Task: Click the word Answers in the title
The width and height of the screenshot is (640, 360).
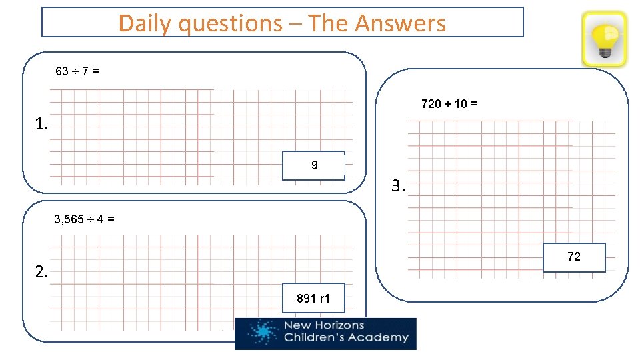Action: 400,23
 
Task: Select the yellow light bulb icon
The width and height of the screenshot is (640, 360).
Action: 605,39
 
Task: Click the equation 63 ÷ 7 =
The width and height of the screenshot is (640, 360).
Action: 77,71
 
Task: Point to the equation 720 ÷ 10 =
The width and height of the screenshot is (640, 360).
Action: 449,104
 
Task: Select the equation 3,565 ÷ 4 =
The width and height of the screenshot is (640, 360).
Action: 83,219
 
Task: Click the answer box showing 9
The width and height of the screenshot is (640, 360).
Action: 313,165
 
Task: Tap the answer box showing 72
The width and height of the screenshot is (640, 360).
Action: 574,257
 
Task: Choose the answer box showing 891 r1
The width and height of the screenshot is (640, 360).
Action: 313,299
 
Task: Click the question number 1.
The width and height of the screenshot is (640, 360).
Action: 42,124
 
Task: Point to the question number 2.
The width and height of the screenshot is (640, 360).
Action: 42,272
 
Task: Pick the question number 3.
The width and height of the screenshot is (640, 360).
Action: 398,187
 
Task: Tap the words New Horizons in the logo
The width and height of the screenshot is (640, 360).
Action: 324,325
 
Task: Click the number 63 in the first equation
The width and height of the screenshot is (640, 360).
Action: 61,71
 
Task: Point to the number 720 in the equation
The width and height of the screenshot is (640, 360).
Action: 431,104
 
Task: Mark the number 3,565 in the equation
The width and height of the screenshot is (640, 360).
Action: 69,219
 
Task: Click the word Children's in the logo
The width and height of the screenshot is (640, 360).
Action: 315,337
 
